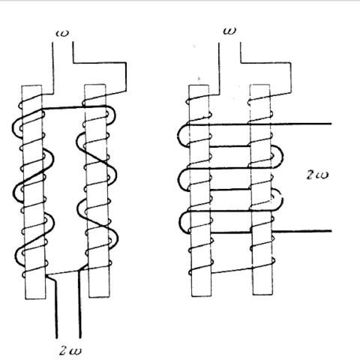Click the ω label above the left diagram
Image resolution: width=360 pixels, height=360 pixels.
pos(61,33)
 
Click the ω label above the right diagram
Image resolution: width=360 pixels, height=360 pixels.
pos(229,31)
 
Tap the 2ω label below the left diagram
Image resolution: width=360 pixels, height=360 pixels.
pos(70,350)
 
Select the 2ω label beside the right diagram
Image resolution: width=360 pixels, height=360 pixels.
pos(317,175)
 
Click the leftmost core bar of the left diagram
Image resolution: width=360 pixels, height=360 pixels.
pos(34,192)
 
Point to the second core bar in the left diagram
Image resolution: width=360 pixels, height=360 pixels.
pos(97,190)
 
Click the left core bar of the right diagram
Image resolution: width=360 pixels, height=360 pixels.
pos(200,190)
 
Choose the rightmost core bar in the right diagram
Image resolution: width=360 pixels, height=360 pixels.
pos(262,190)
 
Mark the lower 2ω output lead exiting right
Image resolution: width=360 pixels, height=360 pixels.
pos(302,231)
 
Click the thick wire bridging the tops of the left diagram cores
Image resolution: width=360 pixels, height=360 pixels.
pos(75,108)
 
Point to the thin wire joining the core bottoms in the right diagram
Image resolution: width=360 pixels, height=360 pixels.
pos(232,271)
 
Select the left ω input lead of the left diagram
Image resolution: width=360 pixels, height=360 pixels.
pos(52,68)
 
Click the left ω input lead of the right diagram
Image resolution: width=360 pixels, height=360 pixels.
pos(219,69)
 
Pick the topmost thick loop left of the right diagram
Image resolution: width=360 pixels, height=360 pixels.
pos(178,135)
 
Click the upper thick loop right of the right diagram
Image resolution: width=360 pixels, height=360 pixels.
pos(283,156)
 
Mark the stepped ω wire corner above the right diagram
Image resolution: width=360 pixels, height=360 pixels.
pos(291,62)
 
